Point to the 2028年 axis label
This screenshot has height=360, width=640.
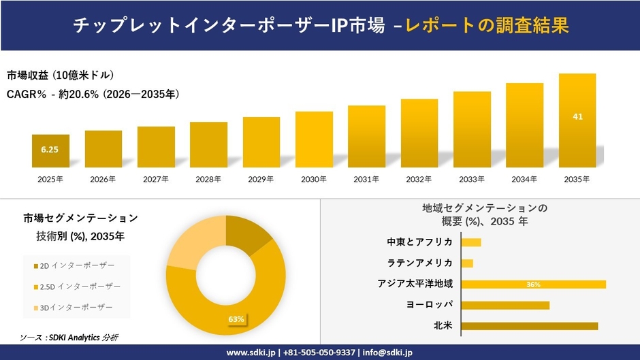(x=208, y=180)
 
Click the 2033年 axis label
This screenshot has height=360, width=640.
(x=472, y=180)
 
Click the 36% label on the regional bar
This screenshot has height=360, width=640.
(x=533, y=284)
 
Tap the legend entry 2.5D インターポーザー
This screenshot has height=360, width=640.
(x=80, y=287)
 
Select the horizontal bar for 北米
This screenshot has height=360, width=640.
(x=529, y=326)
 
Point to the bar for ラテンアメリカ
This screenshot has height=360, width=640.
(x=467, y=263)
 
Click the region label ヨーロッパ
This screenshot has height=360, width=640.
(x=430, y=305)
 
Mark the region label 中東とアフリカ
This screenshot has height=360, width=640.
(x=419, y=242)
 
